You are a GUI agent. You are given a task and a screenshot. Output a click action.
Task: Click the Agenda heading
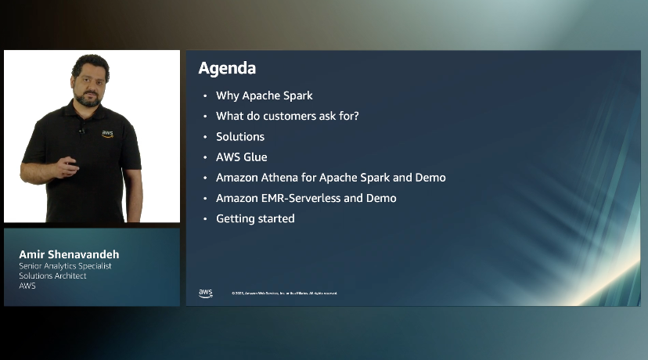[x=227, y=68]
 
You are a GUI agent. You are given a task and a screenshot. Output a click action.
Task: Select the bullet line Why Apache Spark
[x=264, y=95]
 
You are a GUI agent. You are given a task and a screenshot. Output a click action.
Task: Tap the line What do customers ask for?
[x=287, y=116]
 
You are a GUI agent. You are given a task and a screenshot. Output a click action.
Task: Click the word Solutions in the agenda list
[x=240, y=136]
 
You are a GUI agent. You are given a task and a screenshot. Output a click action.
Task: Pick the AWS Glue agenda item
[x=241, y=157]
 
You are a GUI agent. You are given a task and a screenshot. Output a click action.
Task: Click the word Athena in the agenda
[x=286, y=178]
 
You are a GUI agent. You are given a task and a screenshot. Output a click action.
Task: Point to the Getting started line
[x=255, y=218]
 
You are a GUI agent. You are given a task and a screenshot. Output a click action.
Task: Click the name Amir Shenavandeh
[x=69, y=255]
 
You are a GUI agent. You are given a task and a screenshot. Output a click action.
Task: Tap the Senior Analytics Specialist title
[x=65, y=266]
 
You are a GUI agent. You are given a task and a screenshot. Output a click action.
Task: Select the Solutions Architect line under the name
[x=52, y=275]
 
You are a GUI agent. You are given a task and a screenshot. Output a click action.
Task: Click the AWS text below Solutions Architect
[x=27, y=286]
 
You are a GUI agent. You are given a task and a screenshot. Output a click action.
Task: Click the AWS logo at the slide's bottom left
[x=205, y=293]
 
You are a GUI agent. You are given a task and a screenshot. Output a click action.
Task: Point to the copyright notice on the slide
[x=284, y=293]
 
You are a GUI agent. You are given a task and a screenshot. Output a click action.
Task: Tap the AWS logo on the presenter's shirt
[x=107, y=134]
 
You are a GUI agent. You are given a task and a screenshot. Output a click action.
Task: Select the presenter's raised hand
[x=68, y=164]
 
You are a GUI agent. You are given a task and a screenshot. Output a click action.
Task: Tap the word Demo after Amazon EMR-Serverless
[x=382, y=198]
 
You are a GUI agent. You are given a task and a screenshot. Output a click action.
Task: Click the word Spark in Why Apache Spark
[x=297, y=95]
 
